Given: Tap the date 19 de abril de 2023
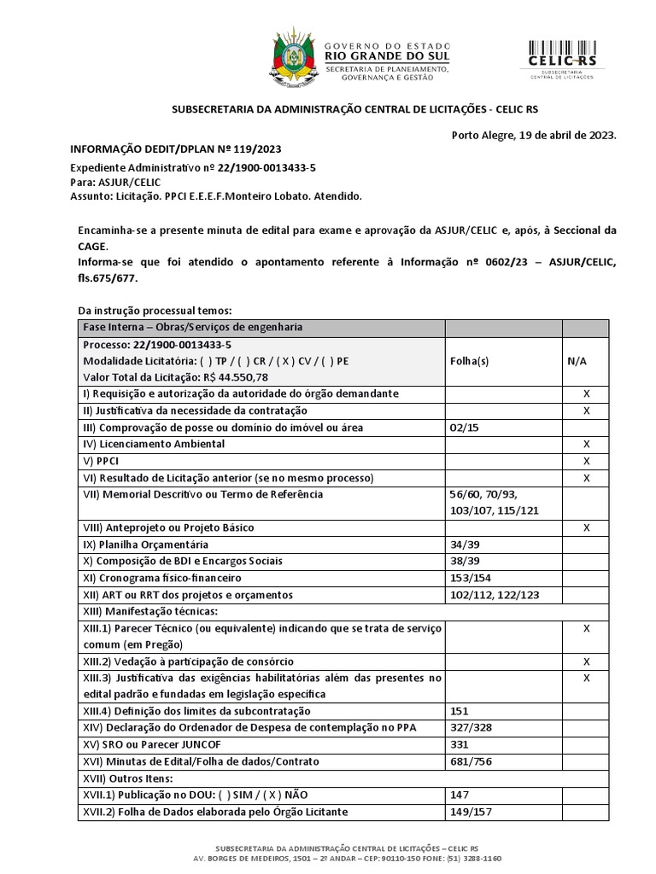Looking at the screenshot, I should coord(558,135).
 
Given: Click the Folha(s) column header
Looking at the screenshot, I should coord(468,361).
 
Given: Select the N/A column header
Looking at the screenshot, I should coord(576,361).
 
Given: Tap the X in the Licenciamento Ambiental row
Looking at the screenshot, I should coord(586,444).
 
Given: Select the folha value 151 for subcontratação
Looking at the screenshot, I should coord(459,711).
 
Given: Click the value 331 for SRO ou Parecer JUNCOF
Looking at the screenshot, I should coord(459,744).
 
